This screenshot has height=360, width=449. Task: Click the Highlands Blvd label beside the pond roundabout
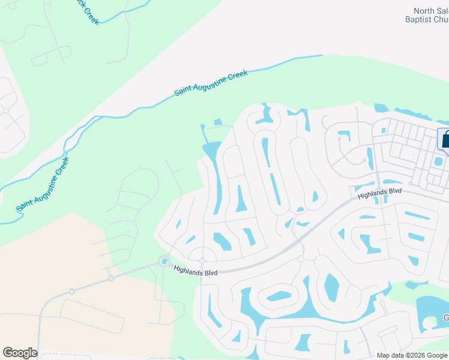point(194,271)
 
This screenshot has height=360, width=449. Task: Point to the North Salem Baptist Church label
point(431,15)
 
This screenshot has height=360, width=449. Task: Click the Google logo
point(20,353)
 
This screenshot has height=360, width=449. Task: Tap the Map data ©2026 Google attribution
point(412,355)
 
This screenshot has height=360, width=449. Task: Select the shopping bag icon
point(445,139)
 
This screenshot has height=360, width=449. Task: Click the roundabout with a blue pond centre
point(163,261)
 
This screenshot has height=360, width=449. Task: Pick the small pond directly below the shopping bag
point(438,161)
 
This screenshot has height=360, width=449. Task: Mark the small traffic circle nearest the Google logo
point(71,292)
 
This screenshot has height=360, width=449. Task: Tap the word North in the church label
point(423,10)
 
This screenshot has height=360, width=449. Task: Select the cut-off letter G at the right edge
point(446,317)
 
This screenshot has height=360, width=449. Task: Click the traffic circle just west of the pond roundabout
point(111,278)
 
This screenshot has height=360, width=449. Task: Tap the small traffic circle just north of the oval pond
point(300,259)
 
